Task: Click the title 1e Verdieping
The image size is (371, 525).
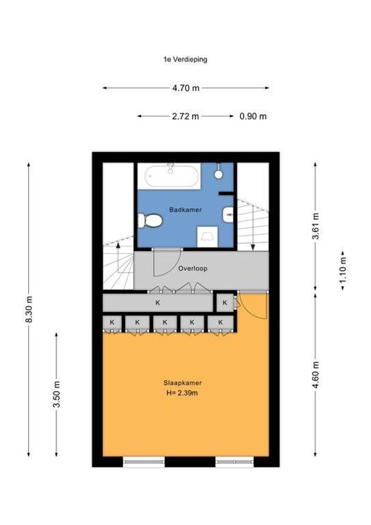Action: click(185, 60)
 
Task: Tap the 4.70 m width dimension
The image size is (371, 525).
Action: click(185, 88)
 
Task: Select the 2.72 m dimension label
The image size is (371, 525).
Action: click(185, 116)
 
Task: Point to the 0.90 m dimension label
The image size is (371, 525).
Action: click(253, 116)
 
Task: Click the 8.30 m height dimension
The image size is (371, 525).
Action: click(29, 309)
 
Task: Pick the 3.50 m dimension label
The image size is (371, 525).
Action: click(56, 394)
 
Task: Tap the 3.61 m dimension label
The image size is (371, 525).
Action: click(315, 227)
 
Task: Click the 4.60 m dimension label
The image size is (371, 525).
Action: click(315, 374)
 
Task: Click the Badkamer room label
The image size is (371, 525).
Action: click(185, 210)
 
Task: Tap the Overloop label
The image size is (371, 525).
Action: click(193, 268)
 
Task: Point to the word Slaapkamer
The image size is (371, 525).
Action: click(183, 383)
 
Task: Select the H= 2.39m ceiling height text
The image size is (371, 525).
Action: click(182, 393)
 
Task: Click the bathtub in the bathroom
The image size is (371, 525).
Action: click(173, 175)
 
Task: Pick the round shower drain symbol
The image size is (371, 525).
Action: click(219, 174)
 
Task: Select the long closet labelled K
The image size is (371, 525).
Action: click(157, 303)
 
